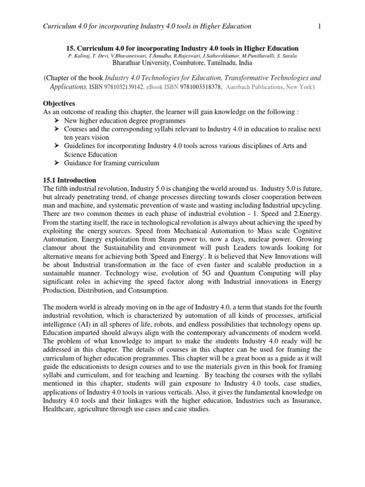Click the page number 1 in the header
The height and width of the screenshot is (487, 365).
pos(319,26)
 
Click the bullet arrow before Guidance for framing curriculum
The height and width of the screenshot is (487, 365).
pos(57,164)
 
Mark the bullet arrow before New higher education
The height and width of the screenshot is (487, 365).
pos(57,121)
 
